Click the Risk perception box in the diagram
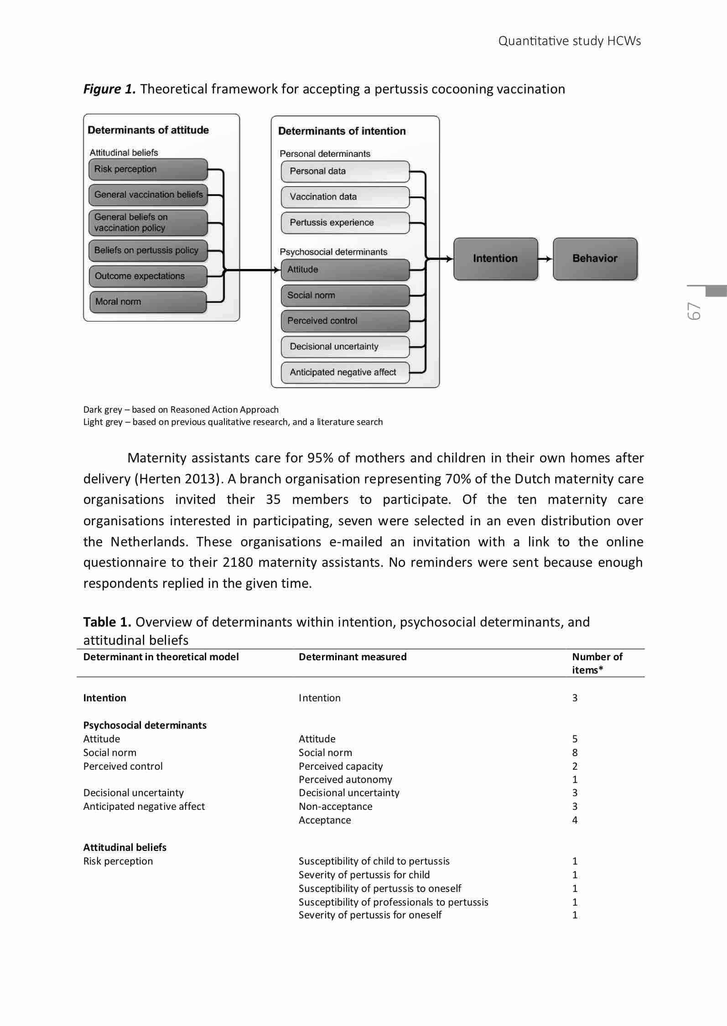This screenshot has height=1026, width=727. click(148, 170)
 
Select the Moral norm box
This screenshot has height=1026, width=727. click(148, 302)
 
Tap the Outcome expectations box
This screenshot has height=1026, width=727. click(148, 276)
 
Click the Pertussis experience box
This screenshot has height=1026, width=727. click(345, 223)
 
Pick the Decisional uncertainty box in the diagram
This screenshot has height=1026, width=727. click(345, 347)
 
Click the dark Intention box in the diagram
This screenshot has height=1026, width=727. click(495, 259)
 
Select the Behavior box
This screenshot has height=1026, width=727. click(595, 259)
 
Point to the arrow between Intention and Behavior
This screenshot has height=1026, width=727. click(545, 259)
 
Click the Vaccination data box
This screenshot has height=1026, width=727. click(345, 197)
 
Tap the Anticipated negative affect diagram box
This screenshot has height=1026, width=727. click(345, 373)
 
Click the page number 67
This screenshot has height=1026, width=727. click(694, 311)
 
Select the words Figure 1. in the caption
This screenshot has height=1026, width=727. click(109, 89)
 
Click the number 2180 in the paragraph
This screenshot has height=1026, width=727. click(238, 562)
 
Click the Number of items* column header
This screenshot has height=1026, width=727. click(597, 663)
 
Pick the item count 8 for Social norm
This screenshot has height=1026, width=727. click(575, 752)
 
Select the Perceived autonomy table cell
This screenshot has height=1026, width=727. click(345, 779)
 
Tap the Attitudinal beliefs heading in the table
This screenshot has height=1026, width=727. click(125, 847)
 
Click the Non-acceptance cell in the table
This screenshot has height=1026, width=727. click(335, 806)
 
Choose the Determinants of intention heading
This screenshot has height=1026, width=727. click(342, 131)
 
